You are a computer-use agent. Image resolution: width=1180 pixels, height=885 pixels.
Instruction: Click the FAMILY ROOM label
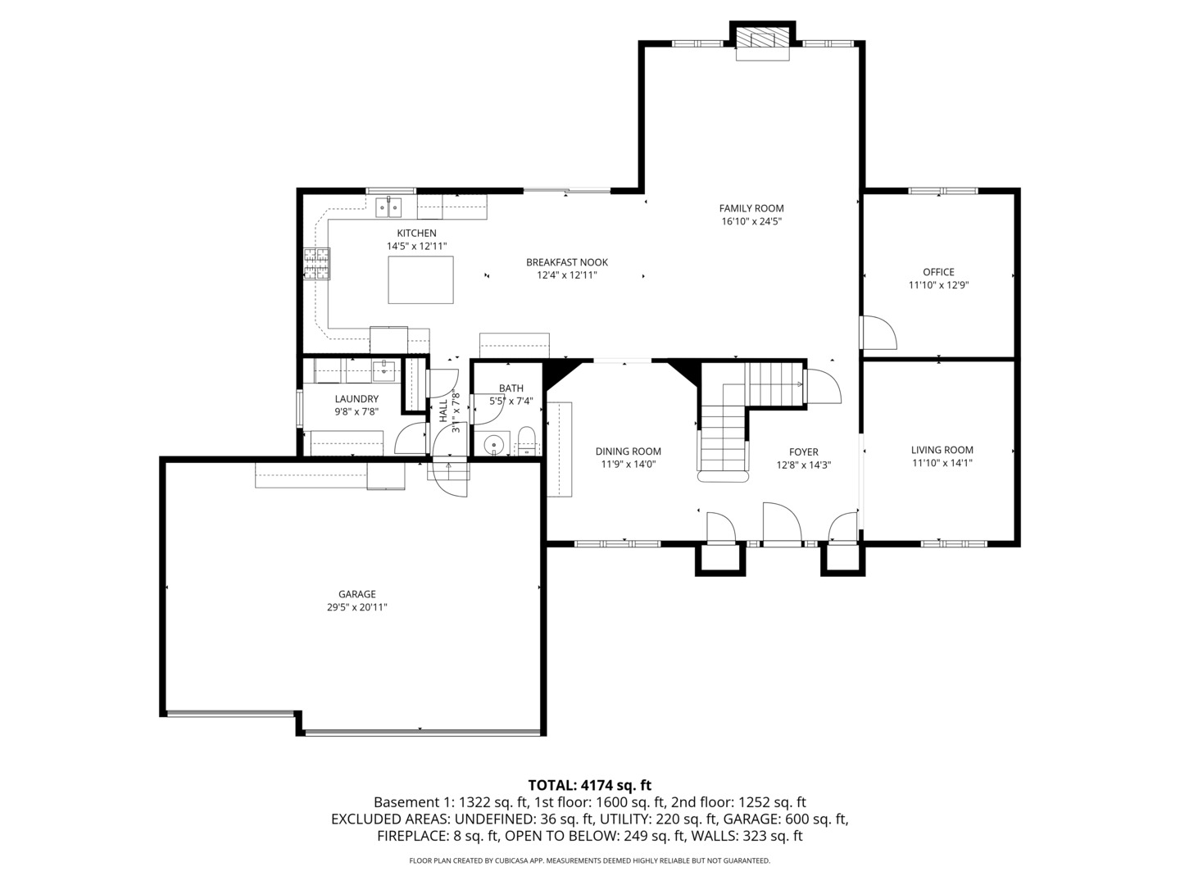pyautogui.click(x=751, y=208)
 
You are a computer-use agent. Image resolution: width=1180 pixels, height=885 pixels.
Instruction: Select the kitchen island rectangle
pyautogui.click(x=420, y=279)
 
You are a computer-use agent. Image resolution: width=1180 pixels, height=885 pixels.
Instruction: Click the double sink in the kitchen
pyautogui.click(x=388, y=207)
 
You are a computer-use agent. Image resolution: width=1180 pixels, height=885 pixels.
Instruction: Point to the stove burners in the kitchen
pyautogui.click(x=316, y=264)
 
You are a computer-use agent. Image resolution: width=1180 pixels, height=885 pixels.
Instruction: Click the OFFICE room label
pyautogui.click(x=938, y=272)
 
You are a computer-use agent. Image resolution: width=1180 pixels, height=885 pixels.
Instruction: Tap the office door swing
pyautogui.click(x=878, y=333)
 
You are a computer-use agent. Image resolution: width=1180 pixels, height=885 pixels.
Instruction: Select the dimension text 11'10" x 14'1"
pyautogui.click(x=942, y=463)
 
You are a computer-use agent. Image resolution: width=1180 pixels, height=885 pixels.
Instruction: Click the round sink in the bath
pyautogui.click(x=493, y=445)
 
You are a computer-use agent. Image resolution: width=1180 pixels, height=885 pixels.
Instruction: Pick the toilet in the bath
pyautogui.click(x=526, y=440)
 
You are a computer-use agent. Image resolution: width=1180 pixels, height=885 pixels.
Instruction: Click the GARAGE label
pyautogui.click(x=356, y=594)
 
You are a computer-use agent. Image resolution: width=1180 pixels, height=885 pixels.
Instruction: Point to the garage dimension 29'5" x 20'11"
pyautogui.click(x=356, y=607)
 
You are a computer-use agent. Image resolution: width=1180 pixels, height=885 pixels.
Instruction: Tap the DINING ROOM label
pyautogui.click(x=628, y=452)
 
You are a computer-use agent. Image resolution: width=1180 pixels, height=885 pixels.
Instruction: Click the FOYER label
pyautogui.click(x=803, y=452)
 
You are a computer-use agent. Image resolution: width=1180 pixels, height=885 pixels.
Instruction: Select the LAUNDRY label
pyautogui.click(x=356, y=399)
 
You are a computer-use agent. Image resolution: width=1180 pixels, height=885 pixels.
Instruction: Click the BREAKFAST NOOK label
pyautogui.click(x=567, y=262)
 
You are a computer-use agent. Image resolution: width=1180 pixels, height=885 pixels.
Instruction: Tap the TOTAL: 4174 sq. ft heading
pyautogui.click(x=589, y=785)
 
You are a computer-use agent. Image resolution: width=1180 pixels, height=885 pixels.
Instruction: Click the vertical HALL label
pyautogui.click(x=443, y=411)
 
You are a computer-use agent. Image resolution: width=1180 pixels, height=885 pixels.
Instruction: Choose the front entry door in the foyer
pyautogui.click(x=782, y=524)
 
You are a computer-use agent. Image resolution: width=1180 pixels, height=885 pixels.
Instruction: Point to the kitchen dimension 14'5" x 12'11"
pyautogui.click(x=416, y=246)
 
